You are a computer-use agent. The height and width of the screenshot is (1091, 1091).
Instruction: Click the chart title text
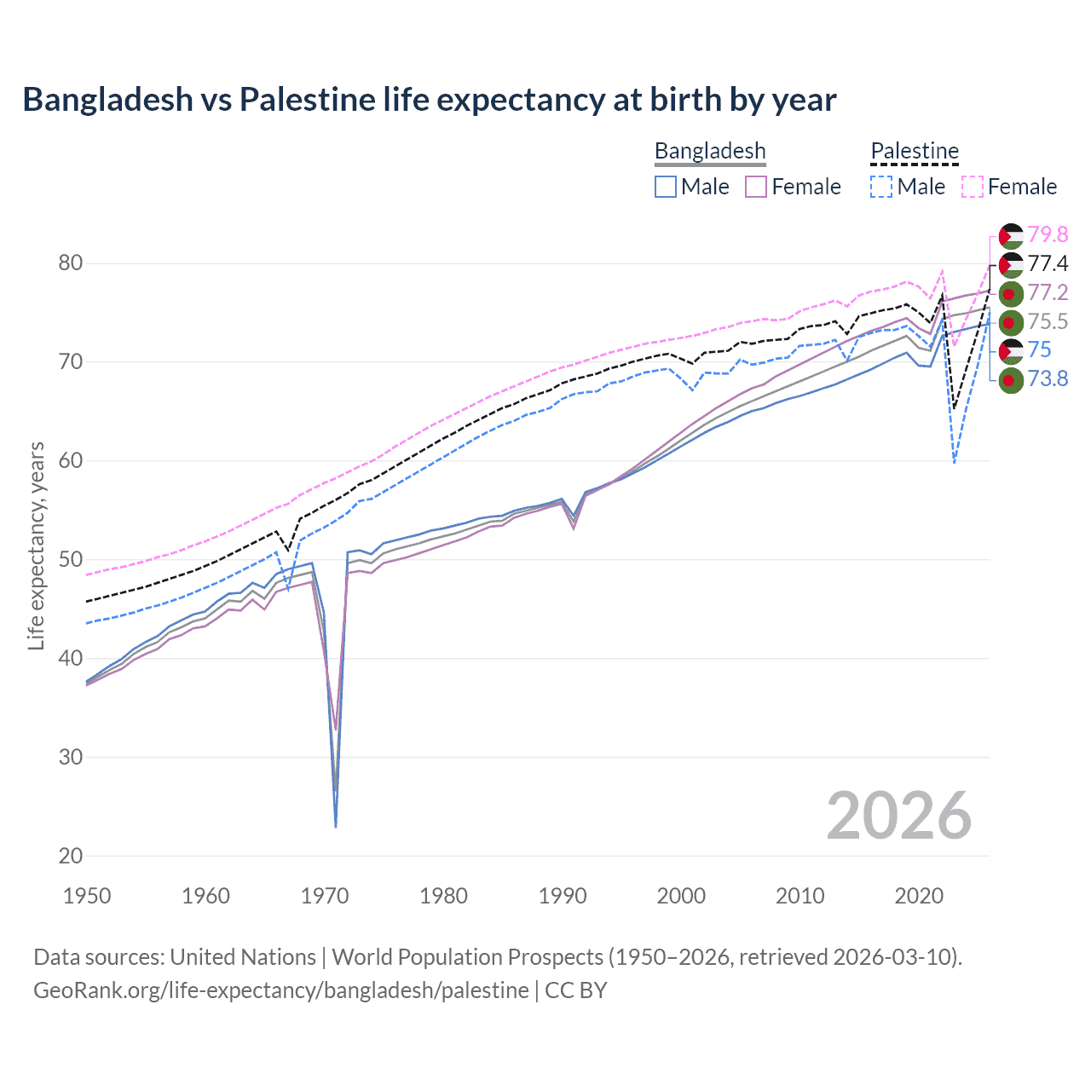(430, 100)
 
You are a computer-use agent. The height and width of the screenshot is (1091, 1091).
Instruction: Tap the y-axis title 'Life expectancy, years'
(36, 545)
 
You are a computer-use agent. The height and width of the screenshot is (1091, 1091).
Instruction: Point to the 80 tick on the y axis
(71, 263)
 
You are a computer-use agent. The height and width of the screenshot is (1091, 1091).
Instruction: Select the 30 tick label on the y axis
(71, 757)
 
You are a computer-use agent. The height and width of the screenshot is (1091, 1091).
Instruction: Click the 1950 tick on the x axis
(87, 896)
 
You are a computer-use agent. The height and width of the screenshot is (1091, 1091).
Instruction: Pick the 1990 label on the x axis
(563, 896)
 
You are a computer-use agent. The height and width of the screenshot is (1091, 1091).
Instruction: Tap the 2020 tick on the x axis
(919, 896)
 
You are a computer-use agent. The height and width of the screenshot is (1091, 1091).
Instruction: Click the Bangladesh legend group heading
(710, 151)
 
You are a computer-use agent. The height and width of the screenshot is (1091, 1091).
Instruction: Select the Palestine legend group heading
(915, 151)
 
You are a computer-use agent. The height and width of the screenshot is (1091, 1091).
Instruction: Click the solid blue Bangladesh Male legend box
(666, 187)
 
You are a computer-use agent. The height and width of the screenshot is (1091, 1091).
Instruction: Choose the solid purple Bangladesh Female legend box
(756, 187)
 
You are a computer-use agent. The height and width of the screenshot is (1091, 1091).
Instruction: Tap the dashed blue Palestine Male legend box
(881, 187)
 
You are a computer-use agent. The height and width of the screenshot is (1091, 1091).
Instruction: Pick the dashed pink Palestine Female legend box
(973, 187)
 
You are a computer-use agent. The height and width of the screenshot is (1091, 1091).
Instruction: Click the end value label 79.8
(1048, 234)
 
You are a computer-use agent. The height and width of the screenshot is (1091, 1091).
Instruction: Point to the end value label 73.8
(1048, 378)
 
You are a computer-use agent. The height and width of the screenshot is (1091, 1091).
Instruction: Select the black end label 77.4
(1048, 263)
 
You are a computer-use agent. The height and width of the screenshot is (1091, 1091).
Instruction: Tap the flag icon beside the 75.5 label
(1010, 322)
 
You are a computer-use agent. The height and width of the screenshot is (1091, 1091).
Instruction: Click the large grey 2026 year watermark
(898, 816)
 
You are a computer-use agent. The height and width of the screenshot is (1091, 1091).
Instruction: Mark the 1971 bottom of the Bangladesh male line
(336, 826)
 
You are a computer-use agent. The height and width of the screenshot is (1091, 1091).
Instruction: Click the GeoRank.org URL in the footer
(280, 990)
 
